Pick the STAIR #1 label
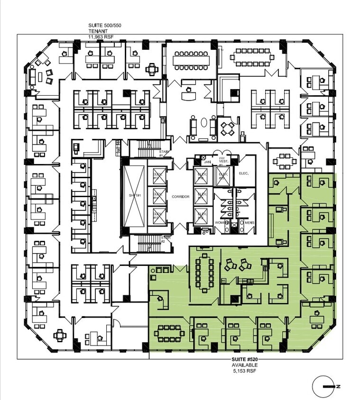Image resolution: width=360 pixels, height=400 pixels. (x=161, y=153)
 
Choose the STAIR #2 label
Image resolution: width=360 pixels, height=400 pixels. (x=166, y=239)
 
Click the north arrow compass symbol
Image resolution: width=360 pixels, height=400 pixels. (x=327, y=386)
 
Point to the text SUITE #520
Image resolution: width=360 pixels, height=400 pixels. (x=244, y=360)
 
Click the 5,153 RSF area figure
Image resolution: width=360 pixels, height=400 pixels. (x=244, y=371)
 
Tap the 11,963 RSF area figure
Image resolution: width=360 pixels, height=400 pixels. (x=101, y=36)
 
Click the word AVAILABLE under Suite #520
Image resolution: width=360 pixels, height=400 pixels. (x=244, y=365)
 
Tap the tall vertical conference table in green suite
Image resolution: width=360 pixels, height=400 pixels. (x=205, y=272)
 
